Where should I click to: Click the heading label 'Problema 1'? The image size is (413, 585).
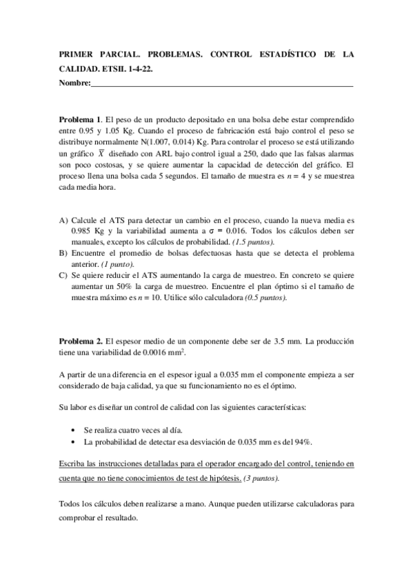point(80,119)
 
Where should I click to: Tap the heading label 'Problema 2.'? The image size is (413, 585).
point(81,341)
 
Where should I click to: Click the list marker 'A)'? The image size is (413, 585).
point(63,220)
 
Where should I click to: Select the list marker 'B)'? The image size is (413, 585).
point(63,253)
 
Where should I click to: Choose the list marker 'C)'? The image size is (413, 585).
point(63,275)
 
